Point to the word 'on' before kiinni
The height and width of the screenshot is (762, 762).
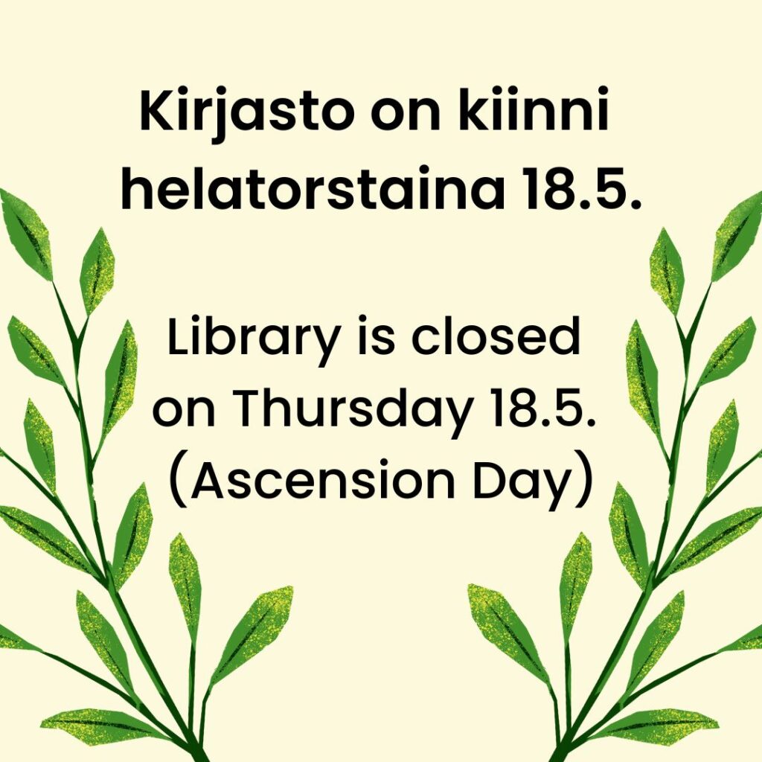pos(405,115)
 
